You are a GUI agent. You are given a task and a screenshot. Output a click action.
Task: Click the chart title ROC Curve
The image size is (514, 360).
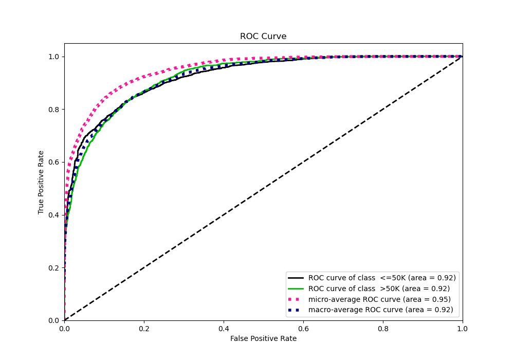263,37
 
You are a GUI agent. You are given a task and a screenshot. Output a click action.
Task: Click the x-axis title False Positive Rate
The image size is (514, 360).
263,338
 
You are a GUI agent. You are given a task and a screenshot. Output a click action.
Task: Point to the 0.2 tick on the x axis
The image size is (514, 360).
144,328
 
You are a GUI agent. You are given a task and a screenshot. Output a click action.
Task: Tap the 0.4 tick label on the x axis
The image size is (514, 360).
224,328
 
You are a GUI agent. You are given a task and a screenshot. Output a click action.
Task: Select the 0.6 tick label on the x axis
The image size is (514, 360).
303,328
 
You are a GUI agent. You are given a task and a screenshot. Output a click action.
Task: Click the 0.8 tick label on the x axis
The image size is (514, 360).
383,328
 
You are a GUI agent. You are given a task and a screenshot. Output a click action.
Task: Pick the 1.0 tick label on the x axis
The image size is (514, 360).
463,328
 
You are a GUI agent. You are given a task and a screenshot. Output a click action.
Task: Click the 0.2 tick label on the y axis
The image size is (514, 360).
54,267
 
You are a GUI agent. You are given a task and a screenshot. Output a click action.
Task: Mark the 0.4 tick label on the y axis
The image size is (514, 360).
54,215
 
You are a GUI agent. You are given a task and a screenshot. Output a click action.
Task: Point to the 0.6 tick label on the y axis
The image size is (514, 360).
54,162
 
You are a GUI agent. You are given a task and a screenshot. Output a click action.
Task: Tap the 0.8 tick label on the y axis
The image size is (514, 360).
54,109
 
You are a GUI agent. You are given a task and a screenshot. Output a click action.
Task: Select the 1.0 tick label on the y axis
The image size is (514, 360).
54,57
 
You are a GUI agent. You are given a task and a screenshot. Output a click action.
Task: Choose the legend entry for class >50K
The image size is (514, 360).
379,289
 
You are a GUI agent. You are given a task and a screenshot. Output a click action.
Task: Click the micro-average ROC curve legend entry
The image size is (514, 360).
379,299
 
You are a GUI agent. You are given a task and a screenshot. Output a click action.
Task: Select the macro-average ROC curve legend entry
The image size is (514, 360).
380,310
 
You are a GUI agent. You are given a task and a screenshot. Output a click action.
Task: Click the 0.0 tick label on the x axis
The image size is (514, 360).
64,328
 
